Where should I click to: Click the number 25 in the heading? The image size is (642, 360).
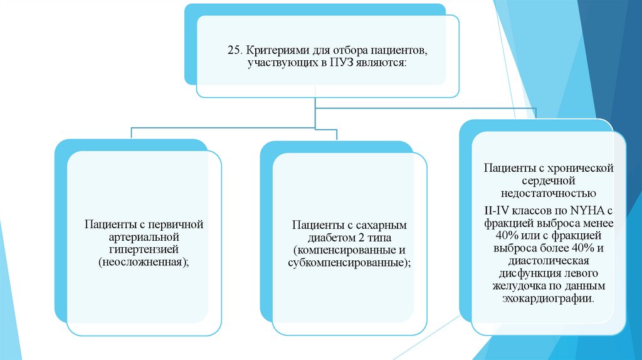point(233,49)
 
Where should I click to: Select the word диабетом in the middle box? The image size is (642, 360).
point(331,236)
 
